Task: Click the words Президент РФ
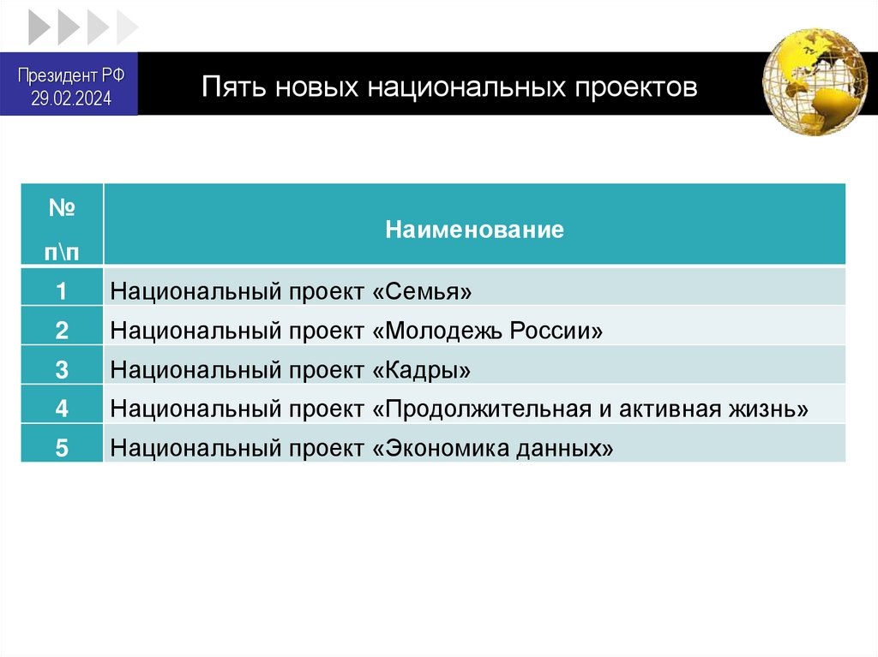pyautogui.click(x=72, y=75)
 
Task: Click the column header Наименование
pyautogui.click(x=474, y=230)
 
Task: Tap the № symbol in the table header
pyautogui.click(x=62, y=209)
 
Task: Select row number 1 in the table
pyautogui.click(x=62, y=291)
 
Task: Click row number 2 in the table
pyautogui.click(x=62, y=331)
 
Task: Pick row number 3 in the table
pyautogui.click(x=62, y=370)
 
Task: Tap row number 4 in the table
pyautogui.click(x=62, y=409)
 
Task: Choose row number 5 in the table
pyautogui.click(x=62, y=448)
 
